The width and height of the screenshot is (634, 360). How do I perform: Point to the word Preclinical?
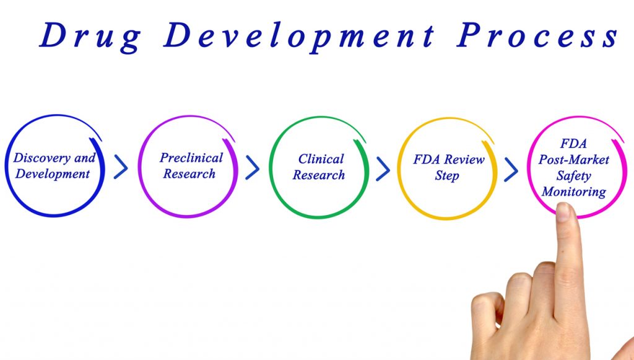[191, 157]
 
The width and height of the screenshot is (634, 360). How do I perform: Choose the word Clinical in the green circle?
[321, 159]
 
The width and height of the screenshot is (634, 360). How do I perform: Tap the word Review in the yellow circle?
[464, 159]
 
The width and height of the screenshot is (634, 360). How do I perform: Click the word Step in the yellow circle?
[446, 176]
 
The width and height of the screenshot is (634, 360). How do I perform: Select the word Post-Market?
[573, 160]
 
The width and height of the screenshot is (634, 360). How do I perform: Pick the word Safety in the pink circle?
[573, 176]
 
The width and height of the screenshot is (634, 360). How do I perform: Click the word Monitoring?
[573, 192]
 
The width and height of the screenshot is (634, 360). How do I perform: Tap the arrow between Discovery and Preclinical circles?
[121, 167]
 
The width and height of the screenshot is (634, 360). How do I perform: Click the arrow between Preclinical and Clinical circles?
[253, 167]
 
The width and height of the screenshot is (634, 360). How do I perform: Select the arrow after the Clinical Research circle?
[383, 168]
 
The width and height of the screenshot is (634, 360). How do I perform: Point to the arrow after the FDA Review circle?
[511, 169]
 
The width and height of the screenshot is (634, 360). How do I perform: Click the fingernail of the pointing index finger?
[564, 212]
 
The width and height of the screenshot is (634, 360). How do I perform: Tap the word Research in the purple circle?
[189, 173]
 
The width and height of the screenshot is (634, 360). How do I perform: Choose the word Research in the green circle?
[319, 175]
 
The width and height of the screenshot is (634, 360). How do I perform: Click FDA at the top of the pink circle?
[573, 144]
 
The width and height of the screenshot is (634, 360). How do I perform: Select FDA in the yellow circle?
[427, 159]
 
